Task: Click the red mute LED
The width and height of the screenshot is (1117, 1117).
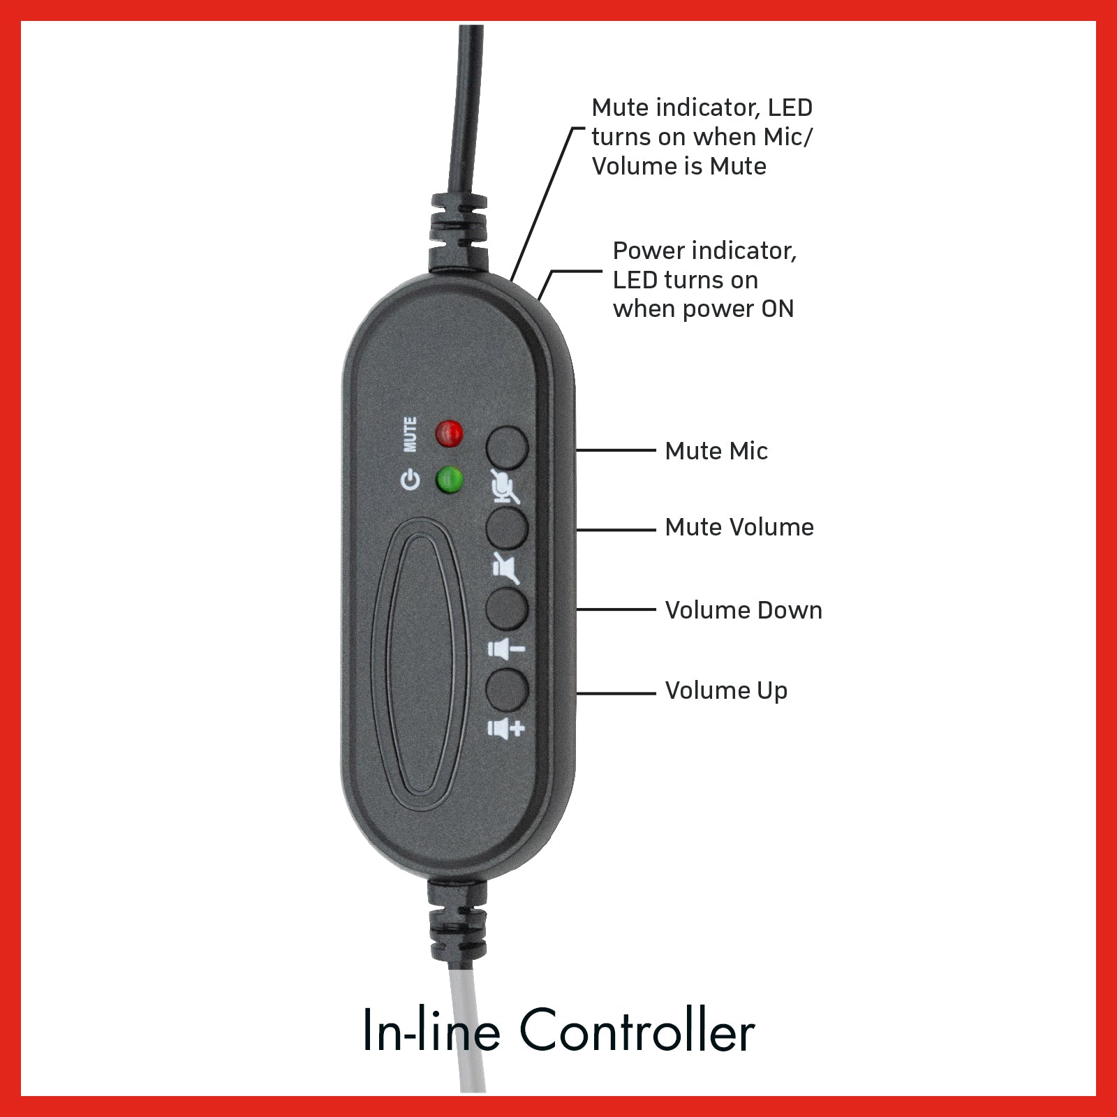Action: (x=449, y=434)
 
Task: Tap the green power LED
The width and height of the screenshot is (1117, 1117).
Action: (x=450, y=480)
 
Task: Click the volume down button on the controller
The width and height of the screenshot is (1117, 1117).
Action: (x=506, y=609)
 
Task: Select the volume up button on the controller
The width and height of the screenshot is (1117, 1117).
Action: (x=506, y=690)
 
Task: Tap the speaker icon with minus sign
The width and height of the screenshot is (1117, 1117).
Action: (x=505, y=649)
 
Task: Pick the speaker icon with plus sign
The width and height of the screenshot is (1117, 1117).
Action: (x=505, y=729)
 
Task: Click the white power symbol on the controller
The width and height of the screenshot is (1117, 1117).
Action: (x=410, y=480)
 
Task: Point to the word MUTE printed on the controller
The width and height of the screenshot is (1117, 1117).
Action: (x=410, y=434)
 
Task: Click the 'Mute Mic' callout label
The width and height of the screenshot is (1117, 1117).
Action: (x=716, y=451)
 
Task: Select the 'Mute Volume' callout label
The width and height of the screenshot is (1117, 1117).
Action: (x=739, y=527)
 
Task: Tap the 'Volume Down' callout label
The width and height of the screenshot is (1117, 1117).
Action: (x=744, y=610)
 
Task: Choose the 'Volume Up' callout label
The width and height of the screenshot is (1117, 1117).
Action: (x=726, y=691)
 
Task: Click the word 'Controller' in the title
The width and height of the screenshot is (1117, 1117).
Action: (x=637, y=1030)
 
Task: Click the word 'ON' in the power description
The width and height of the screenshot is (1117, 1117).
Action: (x=778, y=309)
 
